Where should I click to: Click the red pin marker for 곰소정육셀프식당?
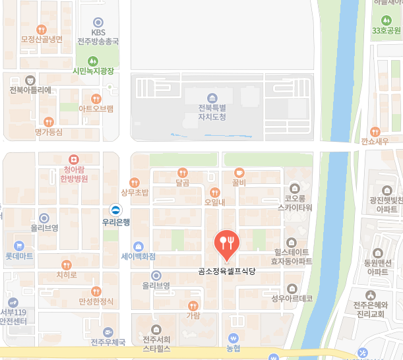(x=226, y=244)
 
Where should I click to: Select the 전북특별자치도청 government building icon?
(x=212, y=98)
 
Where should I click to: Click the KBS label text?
(x=98, y=32)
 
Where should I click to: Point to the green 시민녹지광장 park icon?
(x=94, y=61)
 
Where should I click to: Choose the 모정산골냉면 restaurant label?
(x=41, y=40)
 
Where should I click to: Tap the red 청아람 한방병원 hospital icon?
(x=74, y=159)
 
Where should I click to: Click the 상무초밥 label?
(x=135, y=193)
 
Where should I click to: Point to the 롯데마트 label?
(x=19, y=256)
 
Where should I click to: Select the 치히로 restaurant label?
(x=66, y=274)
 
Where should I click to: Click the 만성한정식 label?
(x=96, y=301)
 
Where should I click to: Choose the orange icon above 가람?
(x=193, y=305)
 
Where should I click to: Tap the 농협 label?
(x=233, y=347)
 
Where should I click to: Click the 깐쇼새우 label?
(x=375, y=141)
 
